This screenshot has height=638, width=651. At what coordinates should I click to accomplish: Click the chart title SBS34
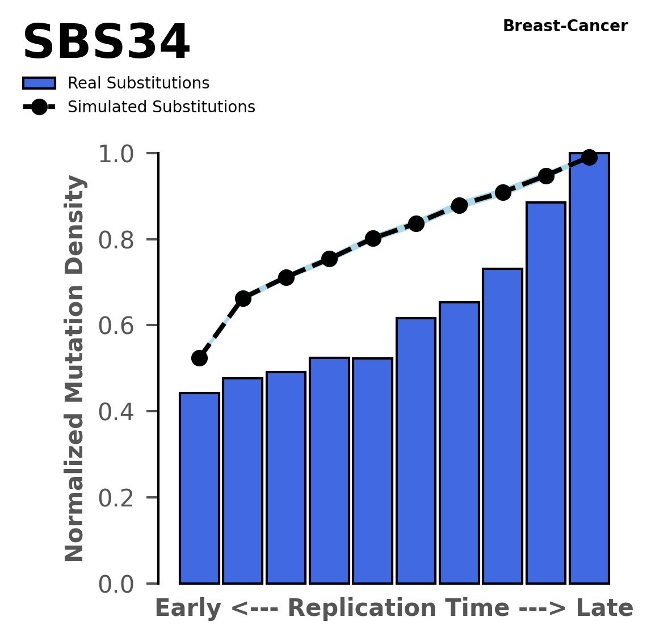(106, 43)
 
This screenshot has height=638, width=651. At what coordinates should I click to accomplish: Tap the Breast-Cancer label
(565, 26)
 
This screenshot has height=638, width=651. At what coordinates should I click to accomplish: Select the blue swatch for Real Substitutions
(39, 83)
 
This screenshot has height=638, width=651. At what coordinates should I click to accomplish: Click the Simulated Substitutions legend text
(161, 107)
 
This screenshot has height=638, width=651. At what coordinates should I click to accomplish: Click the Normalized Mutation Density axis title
(75, 369)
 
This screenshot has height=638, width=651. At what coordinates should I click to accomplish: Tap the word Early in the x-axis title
(188, 609)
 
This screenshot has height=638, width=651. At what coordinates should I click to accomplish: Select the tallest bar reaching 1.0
(589, 369)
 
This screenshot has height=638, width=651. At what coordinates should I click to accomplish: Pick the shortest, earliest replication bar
(199, 488)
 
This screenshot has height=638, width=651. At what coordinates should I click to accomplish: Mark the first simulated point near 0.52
(199, 358)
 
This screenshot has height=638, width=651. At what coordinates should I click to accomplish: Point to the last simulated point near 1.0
(589, 157)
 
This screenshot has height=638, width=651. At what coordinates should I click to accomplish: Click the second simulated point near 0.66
(243, 298)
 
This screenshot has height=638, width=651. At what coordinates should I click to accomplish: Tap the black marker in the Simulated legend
(39, 107)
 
